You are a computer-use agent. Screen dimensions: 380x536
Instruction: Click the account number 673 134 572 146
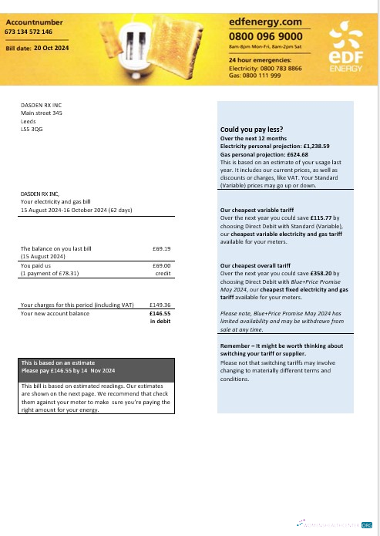point(29,32)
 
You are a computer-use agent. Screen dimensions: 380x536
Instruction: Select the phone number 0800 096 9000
point(266,36)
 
